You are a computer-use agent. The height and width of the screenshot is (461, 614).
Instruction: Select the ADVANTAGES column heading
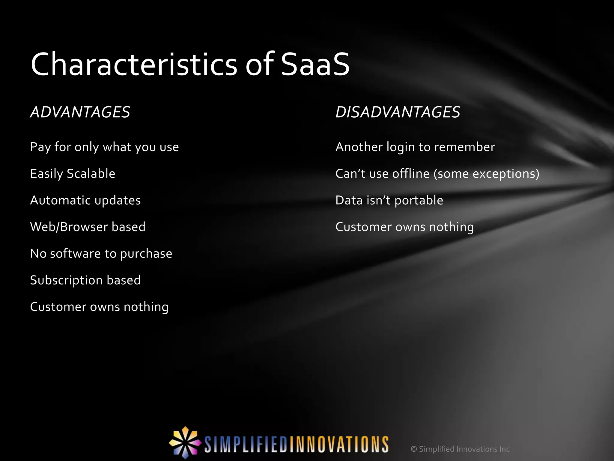click(x=80, y=112)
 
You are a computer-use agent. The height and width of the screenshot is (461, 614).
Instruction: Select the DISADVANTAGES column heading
click(x=398, y=112)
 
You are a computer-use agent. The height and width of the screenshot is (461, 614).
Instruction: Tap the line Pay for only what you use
click(x=104, y=147)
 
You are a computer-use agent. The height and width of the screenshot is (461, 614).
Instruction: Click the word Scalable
click(x=91, y=174)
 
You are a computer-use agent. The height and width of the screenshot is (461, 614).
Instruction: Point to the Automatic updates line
click(x=85, y=200)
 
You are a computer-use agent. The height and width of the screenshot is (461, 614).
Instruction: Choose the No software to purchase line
click(x=101, y=254)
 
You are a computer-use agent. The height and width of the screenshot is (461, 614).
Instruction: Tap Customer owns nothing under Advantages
click(x=99, y=307)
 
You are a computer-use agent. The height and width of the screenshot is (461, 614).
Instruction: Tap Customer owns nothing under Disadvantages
click(x=404, y=227)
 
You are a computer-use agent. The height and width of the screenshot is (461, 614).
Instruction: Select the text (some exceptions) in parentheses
click(x=486, y=174)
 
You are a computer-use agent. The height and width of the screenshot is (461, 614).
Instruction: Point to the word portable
click(x=419, y=200)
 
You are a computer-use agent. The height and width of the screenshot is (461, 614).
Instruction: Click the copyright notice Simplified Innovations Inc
click(x=460, y=449)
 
